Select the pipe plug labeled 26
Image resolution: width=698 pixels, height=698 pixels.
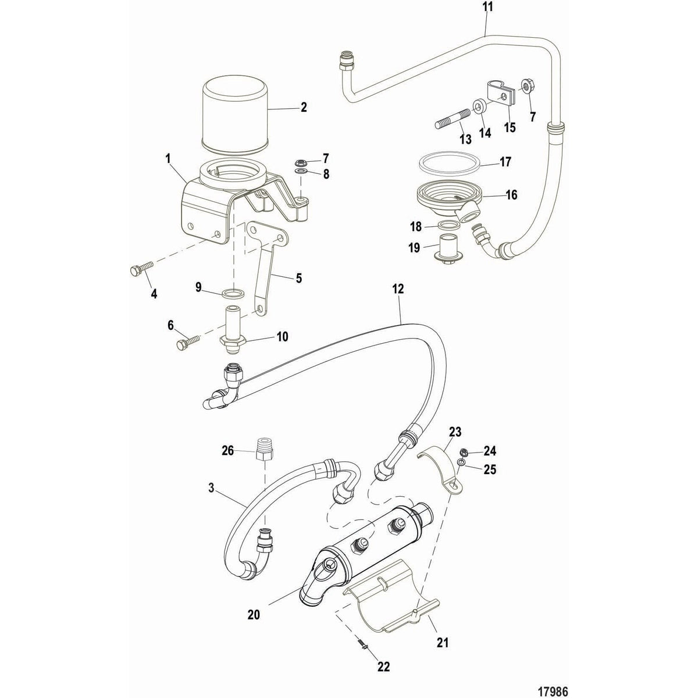point(265,451)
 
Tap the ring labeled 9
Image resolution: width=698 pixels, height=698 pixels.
point(234,291)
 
